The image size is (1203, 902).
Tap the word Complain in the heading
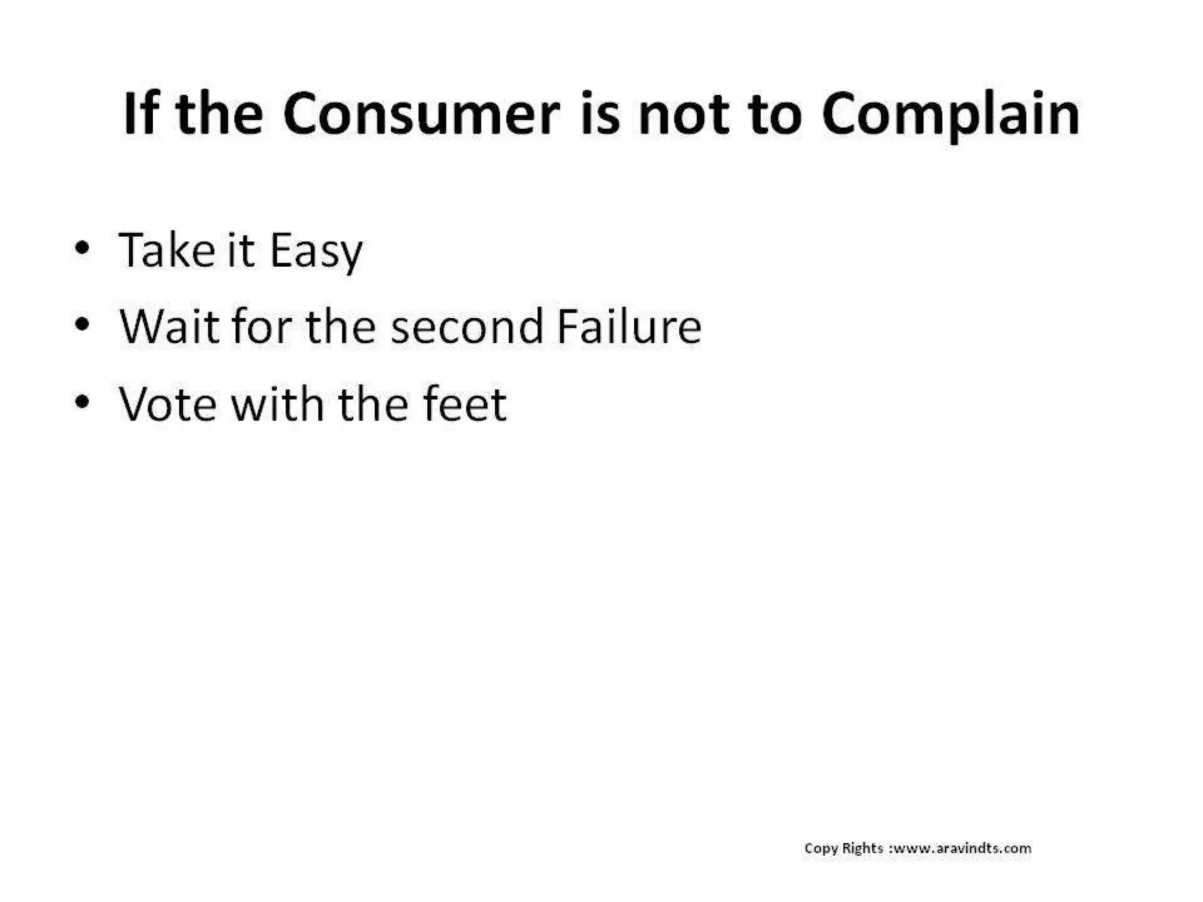point(950,116)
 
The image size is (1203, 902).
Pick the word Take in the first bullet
point(167,251)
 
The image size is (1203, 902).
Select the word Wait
point(169,327)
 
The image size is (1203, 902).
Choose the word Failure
point(629,327)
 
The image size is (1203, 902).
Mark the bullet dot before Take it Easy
point(82,248)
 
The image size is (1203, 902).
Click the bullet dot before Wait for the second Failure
point(82,324)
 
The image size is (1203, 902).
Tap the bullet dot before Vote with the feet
point(82,402)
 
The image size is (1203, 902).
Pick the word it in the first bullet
point(240,251)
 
